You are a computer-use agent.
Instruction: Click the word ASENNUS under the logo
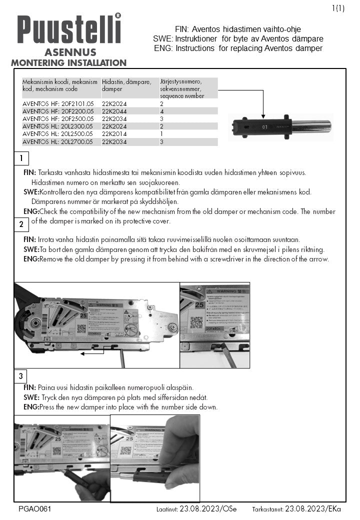coord(68,52)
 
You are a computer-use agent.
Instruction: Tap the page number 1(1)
coord(338,7)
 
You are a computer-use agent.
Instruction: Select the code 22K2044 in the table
coord(114,111)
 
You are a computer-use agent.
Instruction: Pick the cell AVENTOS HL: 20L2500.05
coord(58,134)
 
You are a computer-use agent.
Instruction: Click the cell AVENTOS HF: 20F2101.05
coord(58,103)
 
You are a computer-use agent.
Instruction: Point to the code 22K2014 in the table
coord(114,134)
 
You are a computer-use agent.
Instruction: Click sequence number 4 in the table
coord(162,111)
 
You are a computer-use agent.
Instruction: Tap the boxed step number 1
coord(21,159)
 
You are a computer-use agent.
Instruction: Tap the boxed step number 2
coord(21,224)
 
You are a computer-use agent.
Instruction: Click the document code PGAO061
coord(34,509)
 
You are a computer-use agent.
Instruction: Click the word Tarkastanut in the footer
coord(268,509)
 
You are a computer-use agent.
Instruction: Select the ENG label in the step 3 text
coord(30,407)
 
